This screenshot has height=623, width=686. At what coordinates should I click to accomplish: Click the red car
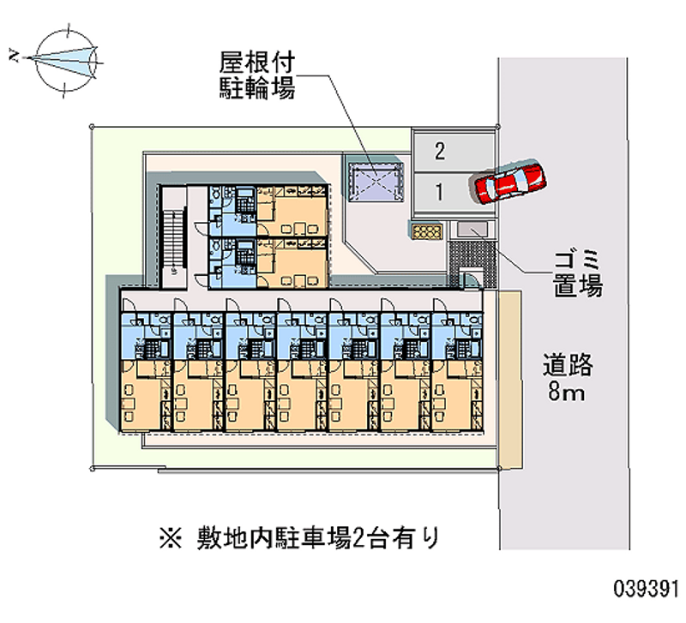pyautogui.click(x=508, y=181)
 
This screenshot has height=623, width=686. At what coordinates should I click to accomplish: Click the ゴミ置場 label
pyautogui.click(x=575, y=272)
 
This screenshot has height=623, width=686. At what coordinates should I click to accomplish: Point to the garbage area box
pyautogui.click(x=471, y=230)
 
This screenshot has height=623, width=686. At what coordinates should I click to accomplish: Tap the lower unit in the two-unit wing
pyautogui.click(x=267, y=261)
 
